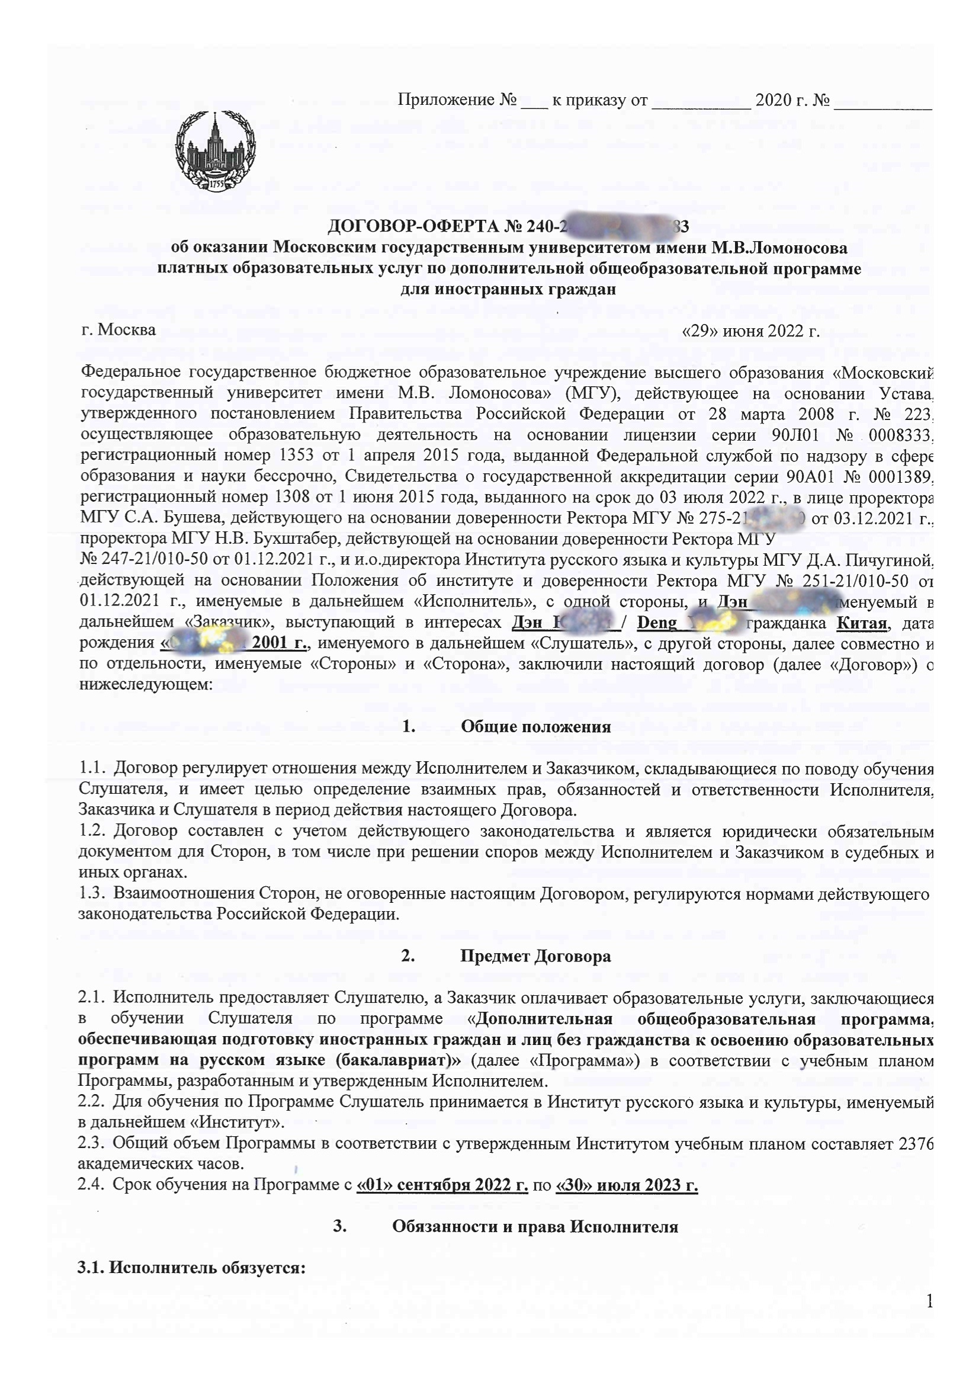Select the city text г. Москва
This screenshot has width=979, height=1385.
pyautogui.click(x=118, y=330)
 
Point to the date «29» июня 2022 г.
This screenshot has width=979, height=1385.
pyautogui.click(x=750, y=331)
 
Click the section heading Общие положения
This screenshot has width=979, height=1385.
pyautogui.click(x=535, y=726)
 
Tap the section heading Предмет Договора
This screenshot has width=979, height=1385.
pyautogui.click(x=535, y=956)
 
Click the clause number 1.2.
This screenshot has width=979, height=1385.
pyautogui.click(x=92, y=831)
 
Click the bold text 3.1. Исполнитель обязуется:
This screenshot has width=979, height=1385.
pyautogui.click(x=192, y=1268)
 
